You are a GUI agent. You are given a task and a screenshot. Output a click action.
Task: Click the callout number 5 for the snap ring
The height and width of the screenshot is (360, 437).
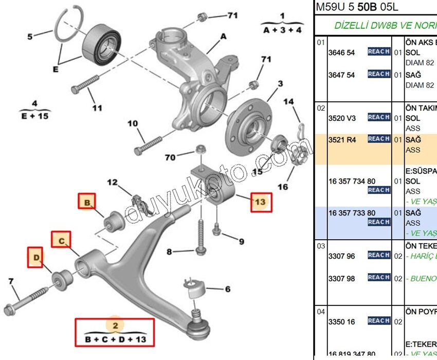[30, 37]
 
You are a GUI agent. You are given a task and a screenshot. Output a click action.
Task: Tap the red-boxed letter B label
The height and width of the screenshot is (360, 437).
[87, 203]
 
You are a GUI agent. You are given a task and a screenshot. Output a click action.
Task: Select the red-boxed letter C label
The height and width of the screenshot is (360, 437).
[61, 240]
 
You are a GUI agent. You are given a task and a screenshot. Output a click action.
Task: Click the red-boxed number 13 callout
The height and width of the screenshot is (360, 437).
[261, 202]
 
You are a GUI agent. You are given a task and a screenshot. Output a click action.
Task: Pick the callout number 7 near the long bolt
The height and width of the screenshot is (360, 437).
[11, 281]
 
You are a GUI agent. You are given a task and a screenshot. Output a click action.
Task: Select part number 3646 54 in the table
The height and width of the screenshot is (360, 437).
[341, 52]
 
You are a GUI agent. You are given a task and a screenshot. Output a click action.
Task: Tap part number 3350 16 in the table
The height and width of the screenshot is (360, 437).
[341, 321]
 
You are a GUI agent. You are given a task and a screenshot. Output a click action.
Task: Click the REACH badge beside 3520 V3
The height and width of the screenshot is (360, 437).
[378, 117]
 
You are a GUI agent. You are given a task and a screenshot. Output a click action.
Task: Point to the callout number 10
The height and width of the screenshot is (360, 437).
[133, 123]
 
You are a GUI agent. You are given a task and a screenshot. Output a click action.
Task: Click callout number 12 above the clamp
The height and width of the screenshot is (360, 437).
[112, 182]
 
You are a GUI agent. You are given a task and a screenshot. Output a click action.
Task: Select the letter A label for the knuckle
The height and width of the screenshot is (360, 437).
[224, 37]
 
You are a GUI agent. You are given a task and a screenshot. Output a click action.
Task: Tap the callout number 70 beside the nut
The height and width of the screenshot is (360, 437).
[170, 157]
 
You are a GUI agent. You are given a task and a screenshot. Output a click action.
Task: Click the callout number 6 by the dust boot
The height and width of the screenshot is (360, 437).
[227, 290]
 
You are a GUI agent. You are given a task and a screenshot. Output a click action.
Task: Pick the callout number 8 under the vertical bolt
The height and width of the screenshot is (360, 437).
[169, 251]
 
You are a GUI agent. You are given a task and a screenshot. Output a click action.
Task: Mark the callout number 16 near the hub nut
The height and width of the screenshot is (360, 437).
[283, 187]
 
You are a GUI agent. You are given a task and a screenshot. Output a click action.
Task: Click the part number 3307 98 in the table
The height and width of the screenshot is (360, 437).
[341, 278]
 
